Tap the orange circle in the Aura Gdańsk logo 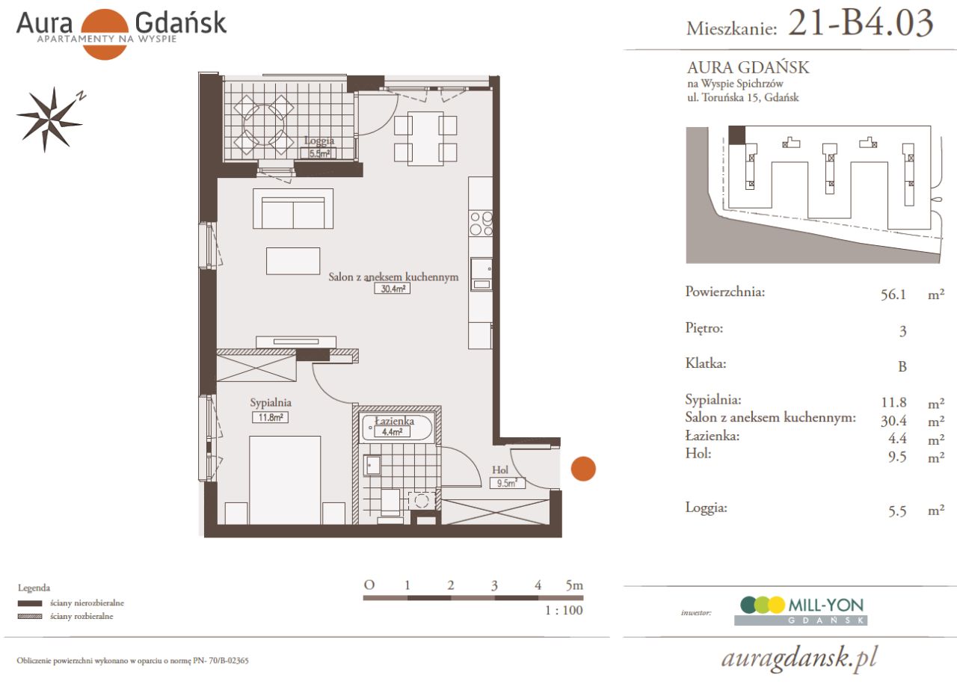click(x=105, y=34)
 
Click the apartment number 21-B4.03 click(x=861, y=23)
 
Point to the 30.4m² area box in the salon click(x=393, y=289)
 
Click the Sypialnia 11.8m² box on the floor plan click(x=269, y=418)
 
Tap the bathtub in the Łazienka click(x=397, y=428)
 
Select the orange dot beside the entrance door click(x=583, y=469)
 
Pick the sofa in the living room click(x=293, y=209)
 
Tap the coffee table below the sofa click(x=293, y=261)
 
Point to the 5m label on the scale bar click(x=574, y=585)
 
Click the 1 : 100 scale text click(x=564, y=610)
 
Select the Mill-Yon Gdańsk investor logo click(x=801, y=610)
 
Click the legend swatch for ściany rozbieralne click(x=30, y=617)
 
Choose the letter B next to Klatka click(x=902, y=367)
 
